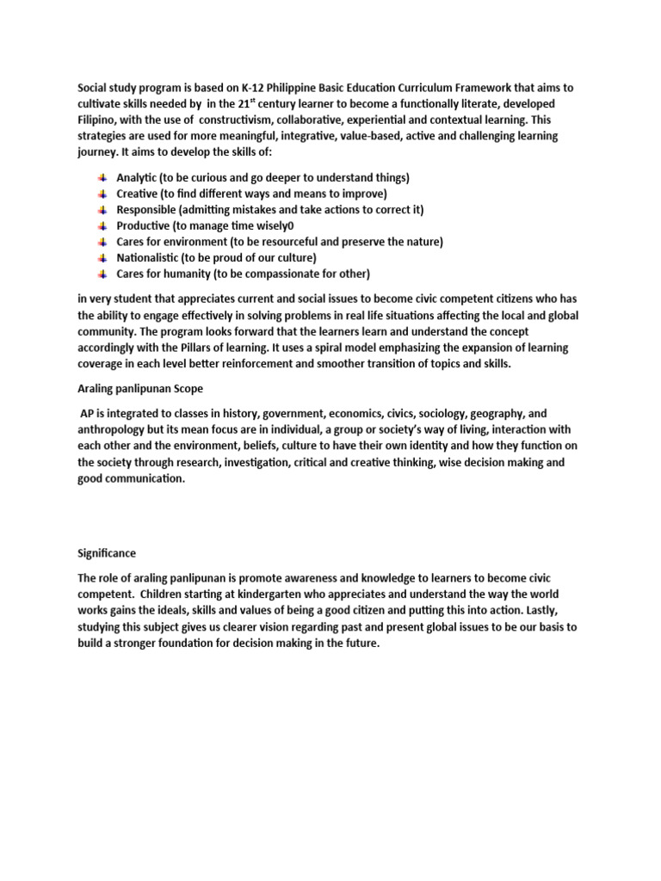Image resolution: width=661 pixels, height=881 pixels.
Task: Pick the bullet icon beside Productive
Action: coord(103,225)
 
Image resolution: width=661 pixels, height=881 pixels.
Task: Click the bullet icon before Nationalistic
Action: coord(103,258)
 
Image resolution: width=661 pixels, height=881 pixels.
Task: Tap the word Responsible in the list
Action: coord(149,210)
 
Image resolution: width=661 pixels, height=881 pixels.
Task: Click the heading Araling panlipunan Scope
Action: coord(140,389)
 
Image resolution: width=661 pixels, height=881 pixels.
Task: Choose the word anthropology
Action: coord(115,430)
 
